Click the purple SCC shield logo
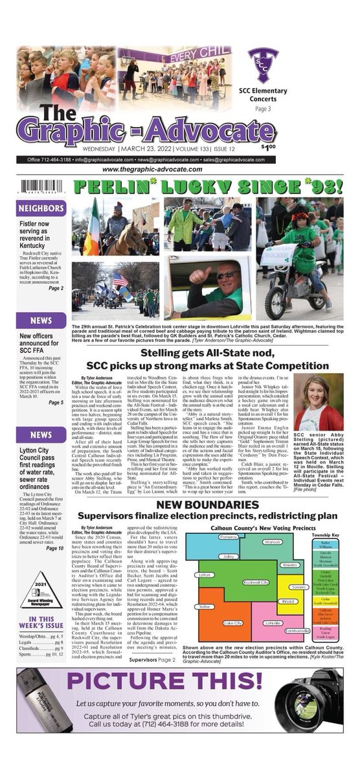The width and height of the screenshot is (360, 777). [263, 64]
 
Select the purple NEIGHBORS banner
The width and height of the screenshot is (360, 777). [41, 209]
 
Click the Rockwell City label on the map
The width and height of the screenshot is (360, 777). [256, 583]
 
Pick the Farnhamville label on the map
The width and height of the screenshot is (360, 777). [297, 631]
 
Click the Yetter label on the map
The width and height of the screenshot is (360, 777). [205, 607]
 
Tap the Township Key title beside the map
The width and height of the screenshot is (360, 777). [325, 536]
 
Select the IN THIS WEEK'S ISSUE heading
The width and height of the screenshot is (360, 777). [41, 622]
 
